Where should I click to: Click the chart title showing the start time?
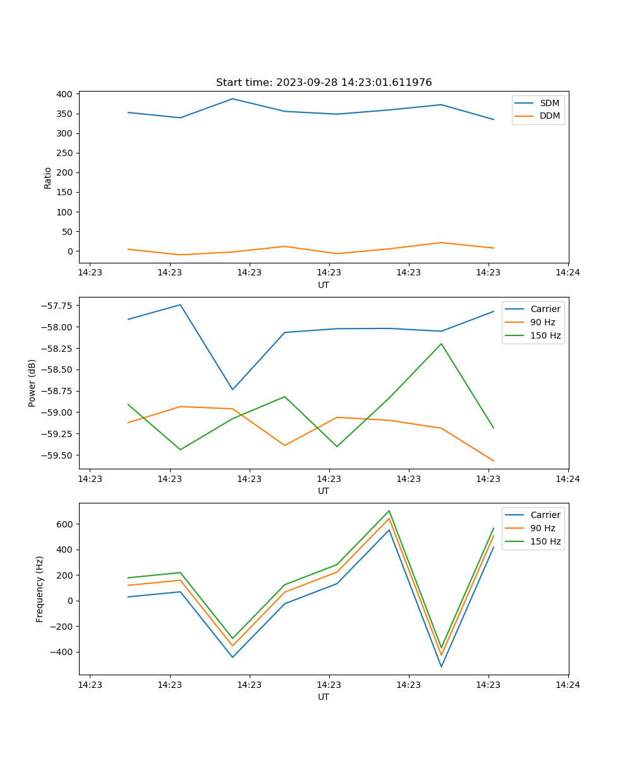click(x=324, y=83)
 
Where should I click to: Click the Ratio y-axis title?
click(x=48, y=177)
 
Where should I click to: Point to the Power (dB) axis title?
click(x=32, y=383)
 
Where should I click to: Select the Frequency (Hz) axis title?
click(x=40, y=589)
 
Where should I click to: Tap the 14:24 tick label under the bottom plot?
click(x=568, y=684)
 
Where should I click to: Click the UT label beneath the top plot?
click(x=324, y=285)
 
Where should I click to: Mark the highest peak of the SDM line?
click(x=233, y=99)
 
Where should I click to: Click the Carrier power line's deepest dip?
click(x=233, y=389)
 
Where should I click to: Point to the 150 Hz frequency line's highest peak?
click(x=389, y=510)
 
